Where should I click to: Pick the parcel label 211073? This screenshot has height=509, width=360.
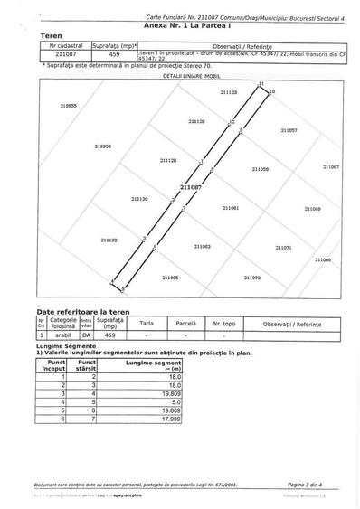point(251,278)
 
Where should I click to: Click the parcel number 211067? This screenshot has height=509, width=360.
point(330,166)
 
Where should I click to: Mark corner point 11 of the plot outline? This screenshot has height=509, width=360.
point(261,83)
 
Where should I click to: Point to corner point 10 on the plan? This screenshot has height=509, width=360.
point(271,92)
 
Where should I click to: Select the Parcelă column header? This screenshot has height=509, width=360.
point(185,322)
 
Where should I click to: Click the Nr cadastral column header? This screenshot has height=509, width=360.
point(65,43)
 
